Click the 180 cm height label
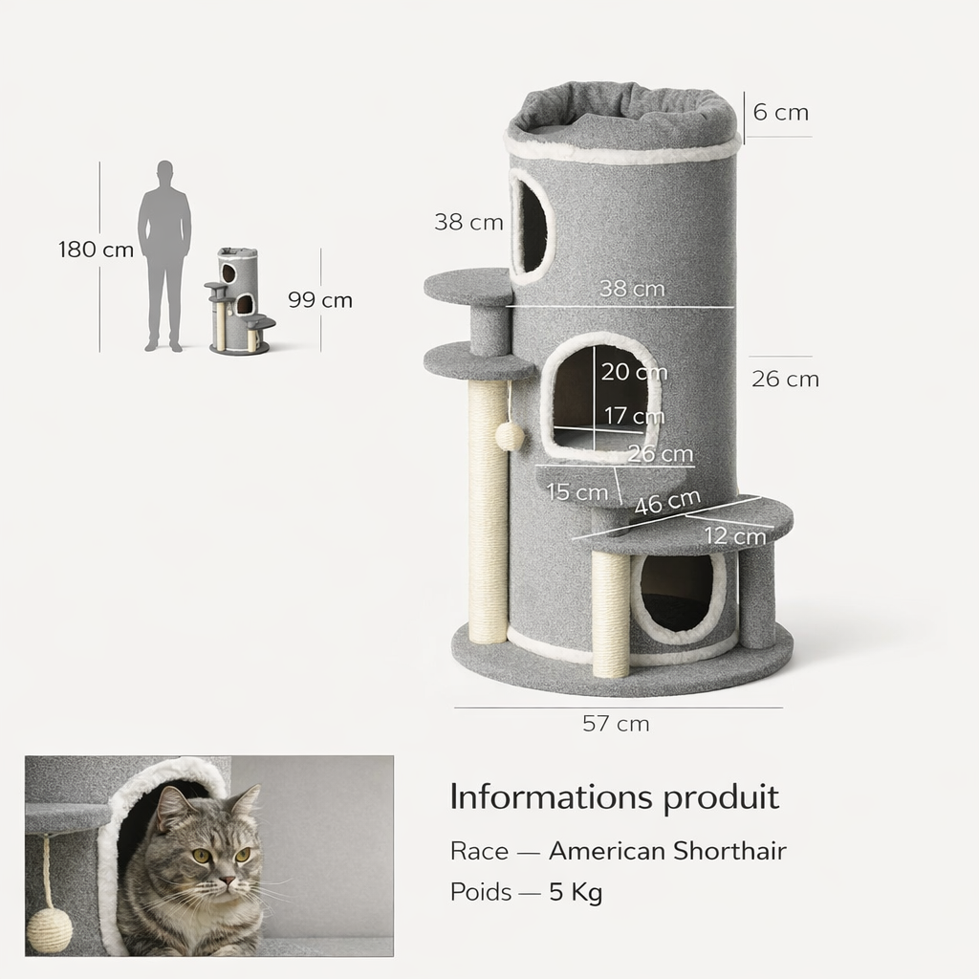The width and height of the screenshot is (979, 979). click(x=97, y=250)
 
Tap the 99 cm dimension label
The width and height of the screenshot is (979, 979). click(x=320, y=300)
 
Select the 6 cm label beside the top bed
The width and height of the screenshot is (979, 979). click(x=780, y=113)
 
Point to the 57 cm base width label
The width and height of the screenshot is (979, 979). click(x=616, y=724)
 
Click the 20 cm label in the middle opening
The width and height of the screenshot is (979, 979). click(x=635, y=372)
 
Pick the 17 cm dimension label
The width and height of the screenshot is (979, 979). click(x=634, y=416)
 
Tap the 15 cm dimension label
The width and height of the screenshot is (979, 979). click(x=577, y=492)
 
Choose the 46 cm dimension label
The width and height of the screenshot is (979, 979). click(x=667, y=501)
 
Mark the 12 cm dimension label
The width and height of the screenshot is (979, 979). click(x=735, y=535)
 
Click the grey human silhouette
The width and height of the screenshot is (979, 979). click(x=164, y=256)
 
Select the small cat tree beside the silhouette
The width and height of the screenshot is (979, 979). click(x=240, y=301)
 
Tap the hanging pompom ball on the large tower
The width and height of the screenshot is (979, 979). click(x=511, y=435)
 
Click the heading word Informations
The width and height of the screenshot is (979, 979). click(x=550, y=796)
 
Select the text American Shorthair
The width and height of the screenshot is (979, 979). click(x=667, y=851)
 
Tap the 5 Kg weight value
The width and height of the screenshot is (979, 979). click(x=576, y=892)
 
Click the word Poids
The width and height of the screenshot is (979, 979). click(x=481, y=892)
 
